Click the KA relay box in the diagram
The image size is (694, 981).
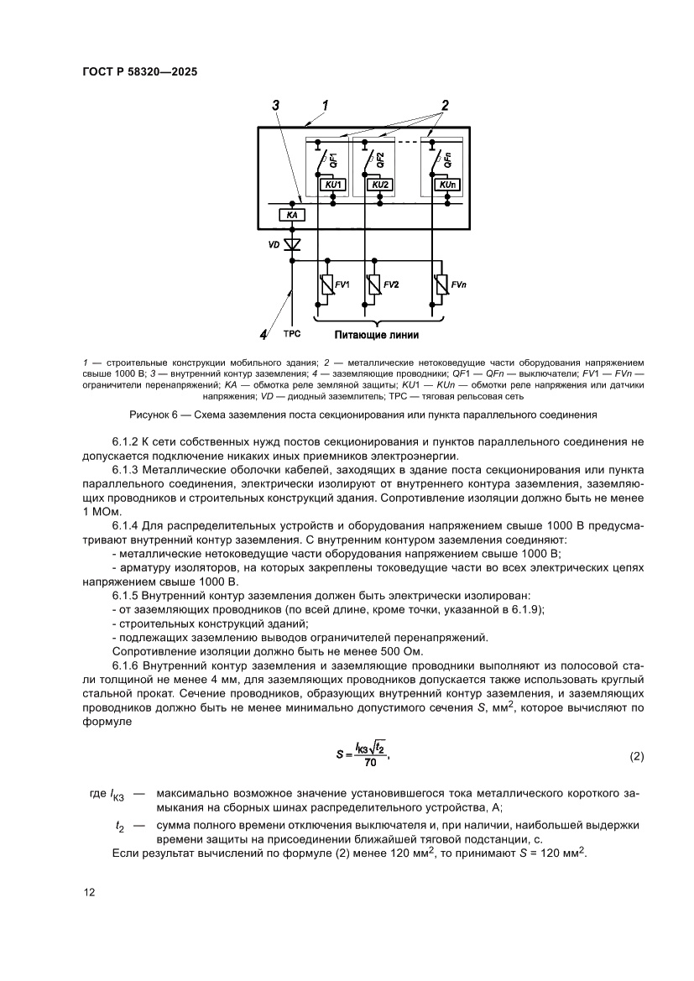tap(292, 216)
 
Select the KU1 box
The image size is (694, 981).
tap(332, 184)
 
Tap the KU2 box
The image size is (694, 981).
tap(379, 184)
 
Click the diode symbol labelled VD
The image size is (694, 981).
tap(293, 244)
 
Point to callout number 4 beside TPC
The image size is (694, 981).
tap(264, 334)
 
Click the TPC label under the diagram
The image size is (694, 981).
tap(292, 333)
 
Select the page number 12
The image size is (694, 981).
tap(88, 892)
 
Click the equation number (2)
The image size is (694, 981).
tap(636, 756)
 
